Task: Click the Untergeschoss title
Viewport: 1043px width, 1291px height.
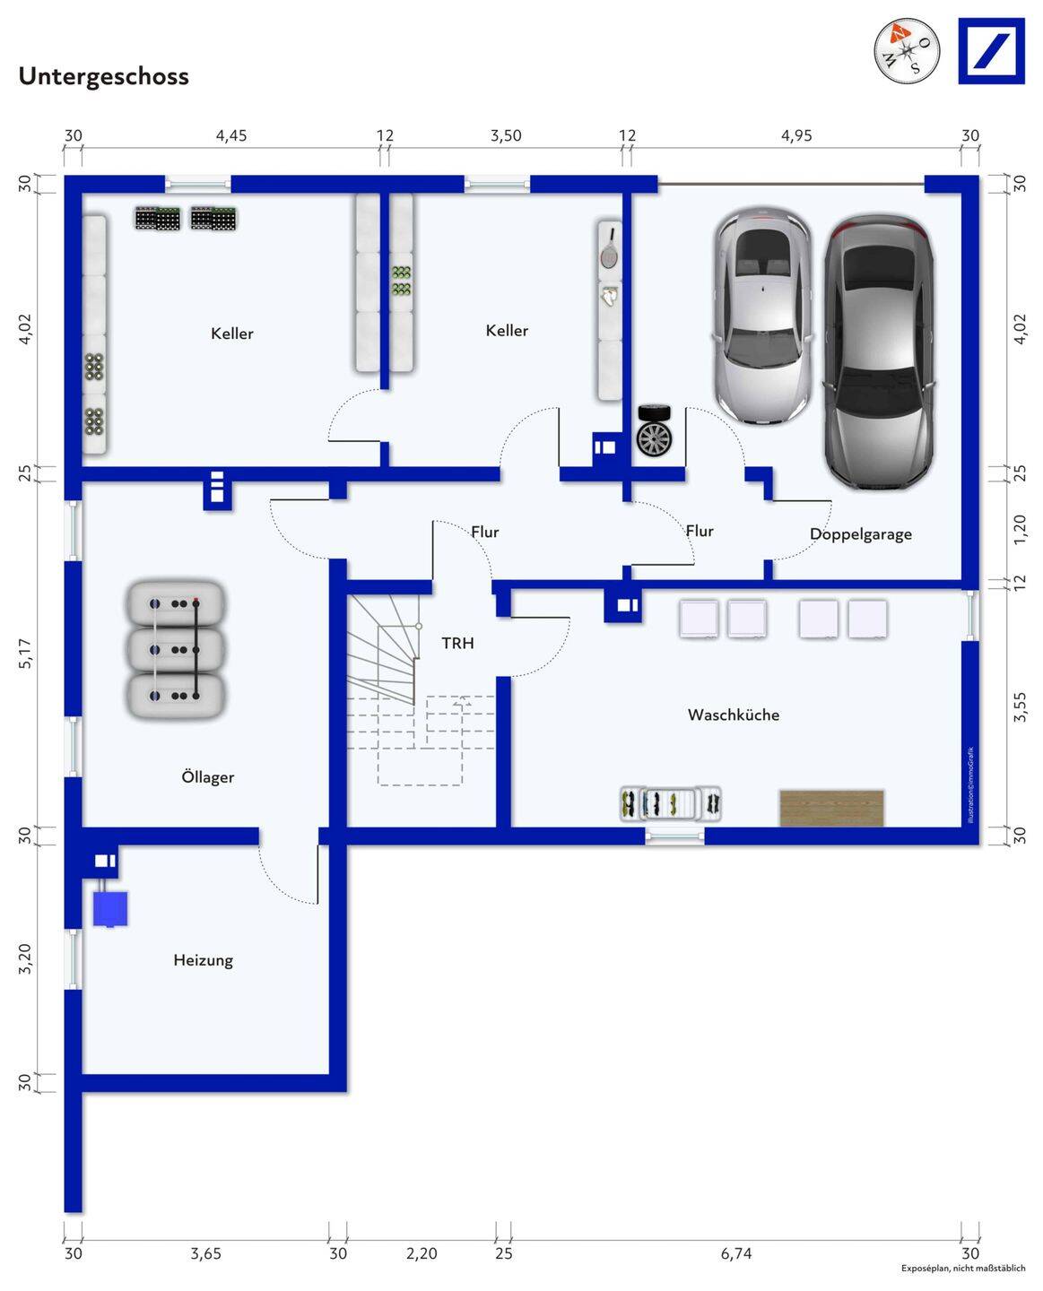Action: pos(104,77)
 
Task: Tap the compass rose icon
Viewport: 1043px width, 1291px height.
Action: pos(906,50)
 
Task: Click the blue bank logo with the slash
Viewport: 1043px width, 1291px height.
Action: pos(991,51)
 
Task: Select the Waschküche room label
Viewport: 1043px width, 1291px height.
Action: pos(733,715)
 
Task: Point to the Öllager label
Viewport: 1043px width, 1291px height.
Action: pos(207,776)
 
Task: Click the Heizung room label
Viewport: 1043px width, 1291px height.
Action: pos(204,960)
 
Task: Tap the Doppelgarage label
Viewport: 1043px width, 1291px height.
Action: pos(860,534)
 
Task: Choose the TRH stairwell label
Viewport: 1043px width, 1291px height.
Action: pos(457,643)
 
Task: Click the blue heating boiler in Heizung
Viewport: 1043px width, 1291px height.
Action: pos(110,908)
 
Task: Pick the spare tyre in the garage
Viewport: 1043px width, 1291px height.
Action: pos(654,430)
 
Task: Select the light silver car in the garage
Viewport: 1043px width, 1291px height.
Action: pos(762,316)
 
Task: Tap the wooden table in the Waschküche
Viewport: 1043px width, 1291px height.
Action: pos(831,808)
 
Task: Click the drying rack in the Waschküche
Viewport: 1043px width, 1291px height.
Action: pos(671,804)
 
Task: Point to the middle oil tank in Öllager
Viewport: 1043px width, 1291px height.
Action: pos(175,650)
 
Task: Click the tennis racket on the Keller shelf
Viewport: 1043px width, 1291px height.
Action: pos(610,248)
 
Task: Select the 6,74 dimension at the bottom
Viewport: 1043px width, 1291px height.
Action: pos(736,1253)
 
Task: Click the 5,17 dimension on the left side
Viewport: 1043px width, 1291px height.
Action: pos(25,653)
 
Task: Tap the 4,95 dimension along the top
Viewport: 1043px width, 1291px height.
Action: pos(796,135)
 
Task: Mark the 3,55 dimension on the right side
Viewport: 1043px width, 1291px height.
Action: pos(1020,706)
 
